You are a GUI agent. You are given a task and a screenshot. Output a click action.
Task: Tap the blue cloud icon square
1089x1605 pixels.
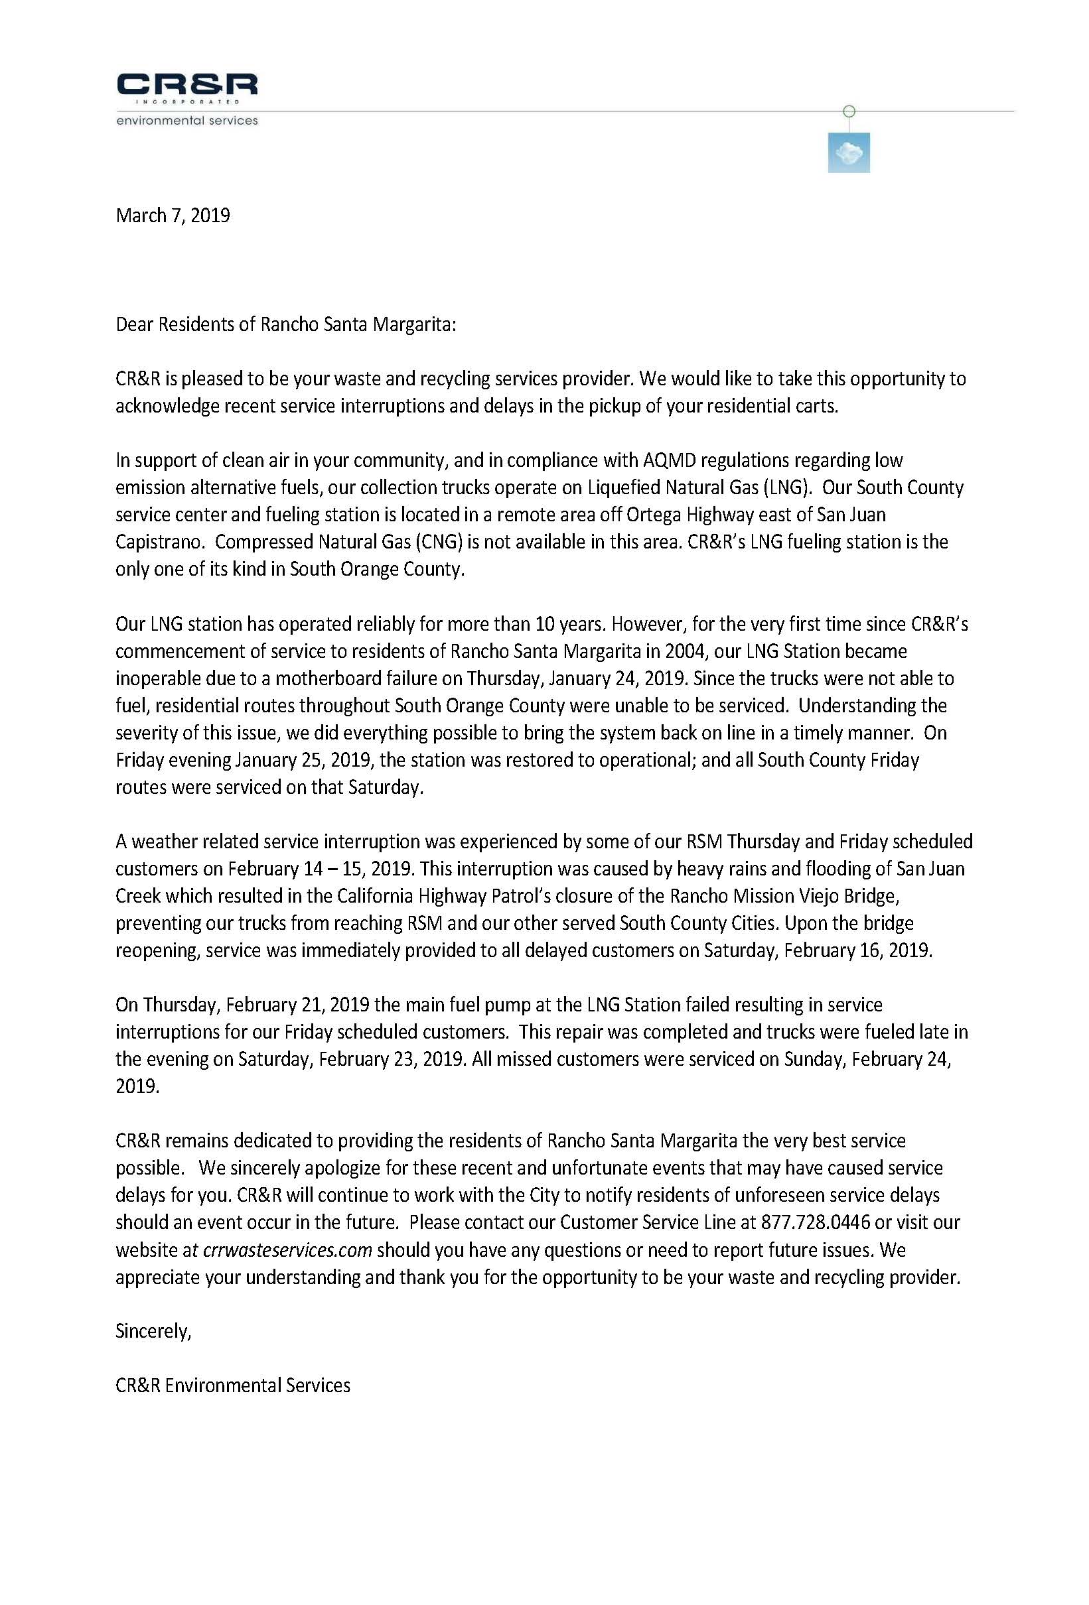pyautogui.click(x=848, y=153)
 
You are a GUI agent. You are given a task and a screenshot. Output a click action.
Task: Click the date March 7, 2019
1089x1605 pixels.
pyautogui.click(x=173, y=216)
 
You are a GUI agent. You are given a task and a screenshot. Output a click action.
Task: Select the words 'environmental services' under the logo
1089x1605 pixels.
pyautogui.click(x=186, y=120)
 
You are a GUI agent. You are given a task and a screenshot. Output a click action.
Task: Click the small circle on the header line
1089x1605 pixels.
pyautogui.click(x=849, y=111)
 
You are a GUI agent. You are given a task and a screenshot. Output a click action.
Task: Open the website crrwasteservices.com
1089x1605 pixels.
pyautogui.click(x=287, y=1250)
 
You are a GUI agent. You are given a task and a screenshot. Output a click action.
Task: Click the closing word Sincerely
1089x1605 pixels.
pyautogui.click(x=153, y=1332)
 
